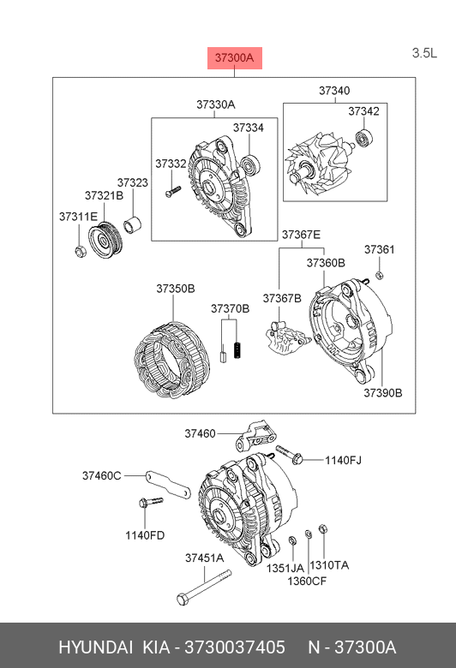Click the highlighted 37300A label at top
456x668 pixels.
[235, 58]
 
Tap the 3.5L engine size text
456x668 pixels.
[424, 53]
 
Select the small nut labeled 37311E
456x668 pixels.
[80, 252]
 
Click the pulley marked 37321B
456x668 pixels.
[105, 240]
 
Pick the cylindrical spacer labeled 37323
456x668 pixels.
[133, 225]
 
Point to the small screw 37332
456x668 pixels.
[173, 191]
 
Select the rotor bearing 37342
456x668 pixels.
[364, 139]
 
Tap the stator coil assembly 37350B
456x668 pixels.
[172, 361]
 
